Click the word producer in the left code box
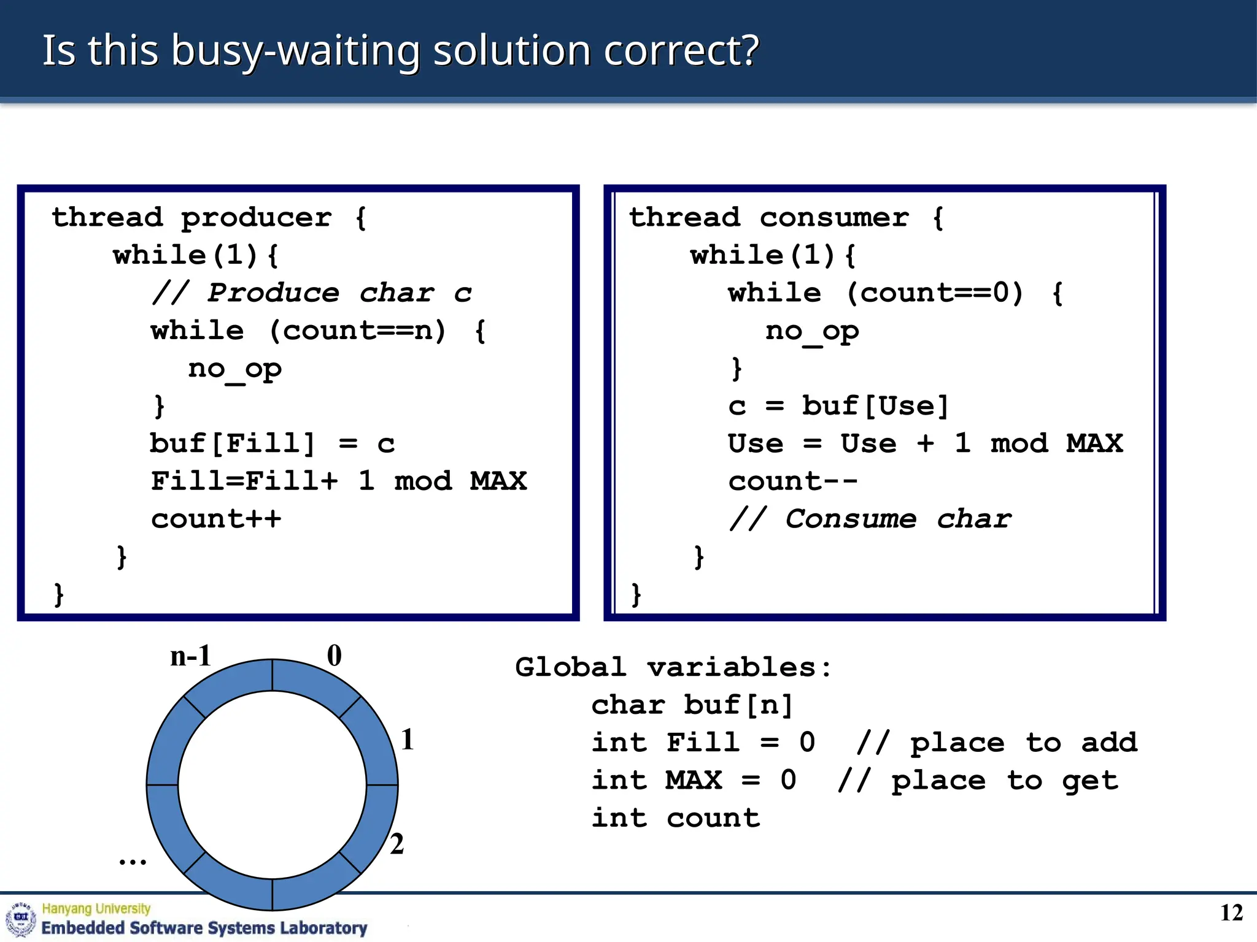[256, 218]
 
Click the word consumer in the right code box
[834, 218]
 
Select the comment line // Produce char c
[312, 293]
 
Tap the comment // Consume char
[870, 519]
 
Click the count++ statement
[216, 519]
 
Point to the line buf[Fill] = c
[273, 444]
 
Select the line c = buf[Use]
[838, 406]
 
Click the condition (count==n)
[357, 331]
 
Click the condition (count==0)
[935, 293]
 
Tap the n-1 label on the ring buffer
[191, 656]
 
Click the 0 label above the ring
[335, 656]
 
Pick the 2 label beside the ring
[397, 844]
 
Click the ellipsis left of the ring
[133, 860]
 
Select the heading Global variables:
[673, 667]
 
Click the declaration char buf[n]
[692, 705]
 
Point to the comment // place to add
[997, 743]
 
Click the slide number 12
[1231, 913]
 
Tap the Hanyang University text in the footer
[96, 908]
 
